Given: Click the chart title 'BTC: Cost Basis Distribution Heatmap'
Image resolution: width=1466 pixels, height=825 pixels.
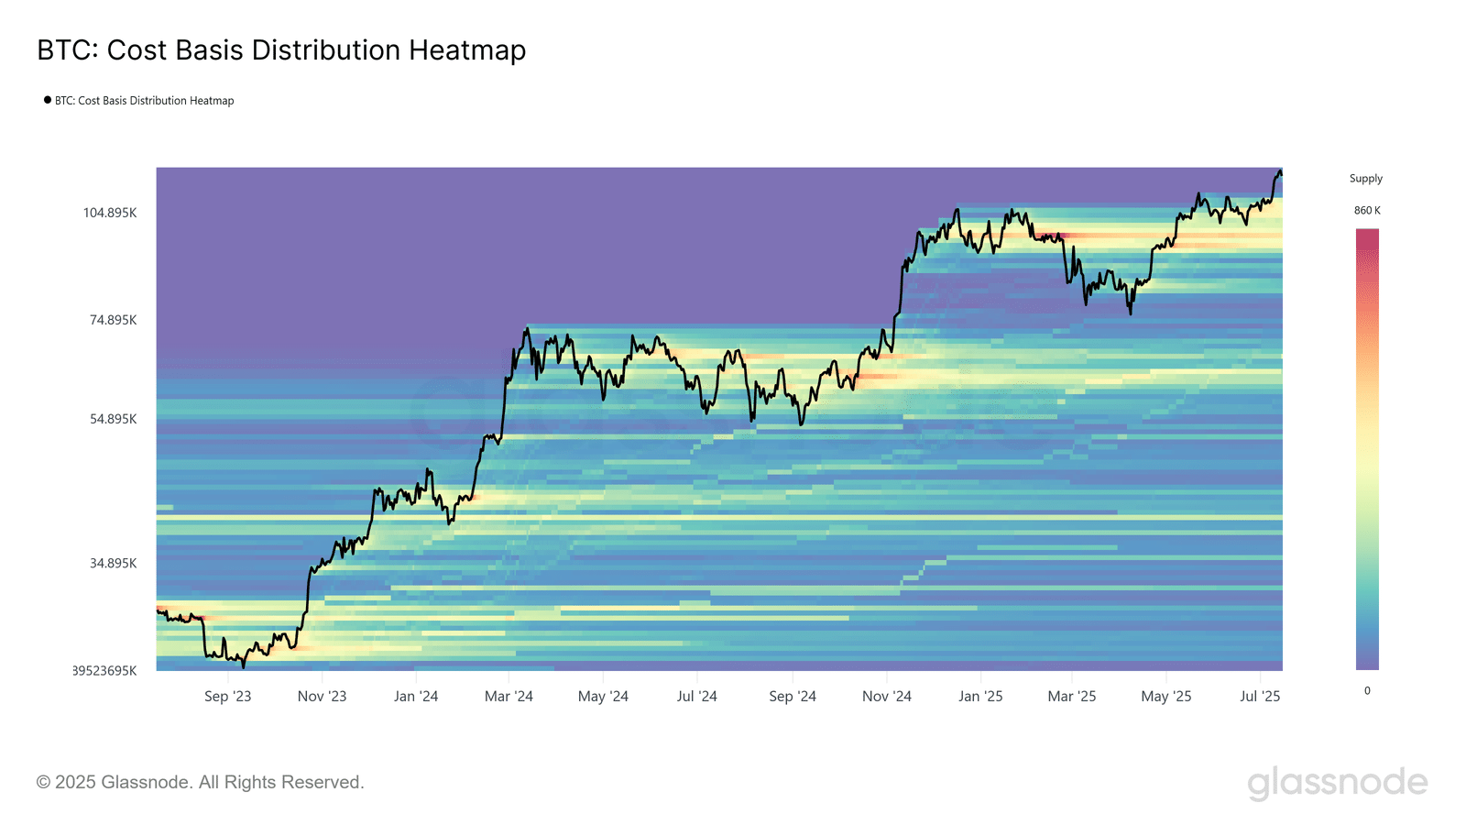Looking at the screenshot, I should click(281, 50).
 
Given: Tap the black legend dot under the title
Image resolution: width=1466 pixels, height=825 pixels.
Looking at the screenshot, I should click(48, 100).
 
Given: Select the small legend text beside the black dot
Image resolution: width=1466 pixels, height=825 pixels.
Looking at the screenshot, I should click(144, 101).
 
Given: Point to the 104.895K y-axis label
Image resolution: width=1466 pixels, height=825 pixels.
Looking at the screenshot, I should click(110, 213).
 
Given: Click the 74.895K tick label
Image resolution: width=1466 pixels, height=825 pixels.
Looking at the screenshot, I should click(113, 320).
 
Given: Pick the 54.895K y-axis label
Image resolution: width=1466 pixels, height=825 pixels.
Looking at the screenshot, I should click(113, 419).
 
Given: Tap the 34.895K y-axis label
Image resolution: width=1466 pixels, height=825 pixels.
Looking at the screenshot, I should click(113, 563).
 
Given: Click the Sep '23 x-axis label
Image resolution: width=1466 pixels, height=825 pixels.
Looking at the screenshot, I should click(227, 697).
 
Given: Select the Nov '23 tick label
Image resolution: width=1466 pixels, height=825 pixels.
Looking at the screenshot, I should click(322, 697).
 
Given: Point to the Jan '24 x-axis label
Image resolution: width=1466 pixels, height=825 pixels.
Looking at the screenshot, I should click(416, 697).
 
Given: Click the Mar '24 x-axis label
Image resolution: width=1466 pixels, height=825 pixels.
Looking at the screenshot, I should click(509, 697).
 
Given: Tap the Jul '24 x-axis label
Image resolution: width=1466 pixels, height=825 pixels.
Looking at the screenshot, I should click(696, 697).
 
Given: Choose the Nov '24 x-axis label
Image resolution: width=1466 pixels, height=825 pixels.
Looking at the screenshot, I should click(886, 697).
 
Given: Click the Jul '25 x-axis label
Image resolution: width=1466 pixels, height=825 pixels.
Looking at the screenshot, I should click(1260, 697).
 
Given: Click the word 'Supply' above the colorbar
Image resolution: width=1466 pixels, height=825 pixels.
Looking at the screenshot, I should click(1365, 179).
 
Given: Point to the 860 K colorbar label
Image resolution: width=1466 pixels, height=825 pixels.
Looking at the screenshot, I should click(1367, 211).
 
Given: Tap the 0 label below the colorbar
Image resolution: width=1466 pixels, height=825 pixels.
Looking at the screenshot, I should click(1367, 691).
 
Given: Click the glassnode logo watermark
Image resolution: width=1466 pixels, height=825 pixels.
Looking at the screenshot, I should click(1337, 783).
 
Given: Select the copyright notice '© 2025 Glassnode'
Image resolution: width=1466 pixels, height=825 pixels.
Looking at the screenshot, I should click(200, 782).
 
